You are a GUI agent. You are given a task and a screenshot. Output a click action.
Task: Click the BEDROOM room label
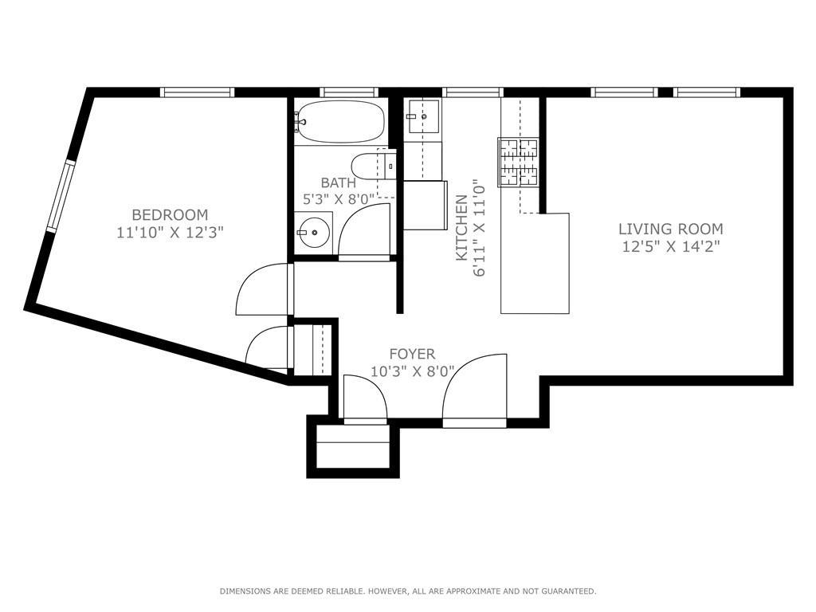point(170,214)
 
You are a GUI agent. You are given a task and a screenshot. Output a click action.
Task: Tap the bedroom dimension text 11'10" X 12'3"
point(170,233)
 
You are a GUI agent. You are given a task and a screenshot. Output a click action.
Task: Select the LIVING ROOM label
point(671,229)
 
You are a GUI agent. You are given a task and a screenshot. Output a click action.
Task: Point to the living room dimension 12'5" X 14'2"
point(671,247)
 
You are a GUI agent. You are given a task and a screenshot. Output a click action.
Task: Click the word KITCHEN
point(461,228)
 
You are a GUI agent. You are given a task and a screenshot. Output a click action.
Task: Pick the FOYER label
point(412,354)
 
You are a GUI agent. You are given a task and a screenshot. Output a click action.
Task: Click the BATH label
point(339,183)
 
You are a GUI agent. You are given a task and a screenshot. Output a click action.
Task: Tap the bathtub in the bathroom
point(340,122)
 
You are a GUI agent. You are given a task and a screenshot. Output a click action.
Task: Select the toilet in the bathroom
point(371,167)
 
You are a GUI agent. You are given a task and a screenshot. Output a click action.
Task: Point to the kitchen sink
point(422,118)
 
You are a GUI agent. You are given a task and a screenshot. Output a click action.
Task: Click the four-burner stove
point(518,162)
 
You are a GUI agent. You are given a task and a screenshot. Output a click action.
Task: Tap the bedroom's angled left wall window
point(61,195)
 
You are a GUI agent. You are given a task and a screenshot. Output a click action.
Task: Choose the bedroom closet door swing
point(268,347)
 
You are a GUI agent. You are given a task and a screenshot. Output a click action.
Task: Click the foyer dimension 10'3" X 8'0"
point(412,371)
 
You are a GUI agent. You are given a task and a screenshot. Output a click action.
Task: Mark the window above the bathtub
point(349,92)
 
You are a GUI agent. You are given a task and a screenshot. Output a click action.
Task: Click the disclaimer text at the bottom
point(407,591)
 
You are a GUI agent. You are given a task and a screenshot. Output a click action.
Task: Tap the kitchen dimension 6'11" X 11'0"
point(480,228)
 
